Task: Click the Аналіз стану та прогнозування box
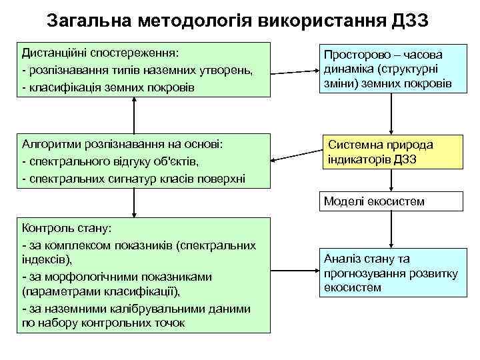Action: (389, 273)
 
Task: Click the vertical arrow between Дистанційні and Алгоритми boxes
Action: (135, 115)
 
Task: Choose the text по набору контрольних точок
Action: (103, 323)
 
